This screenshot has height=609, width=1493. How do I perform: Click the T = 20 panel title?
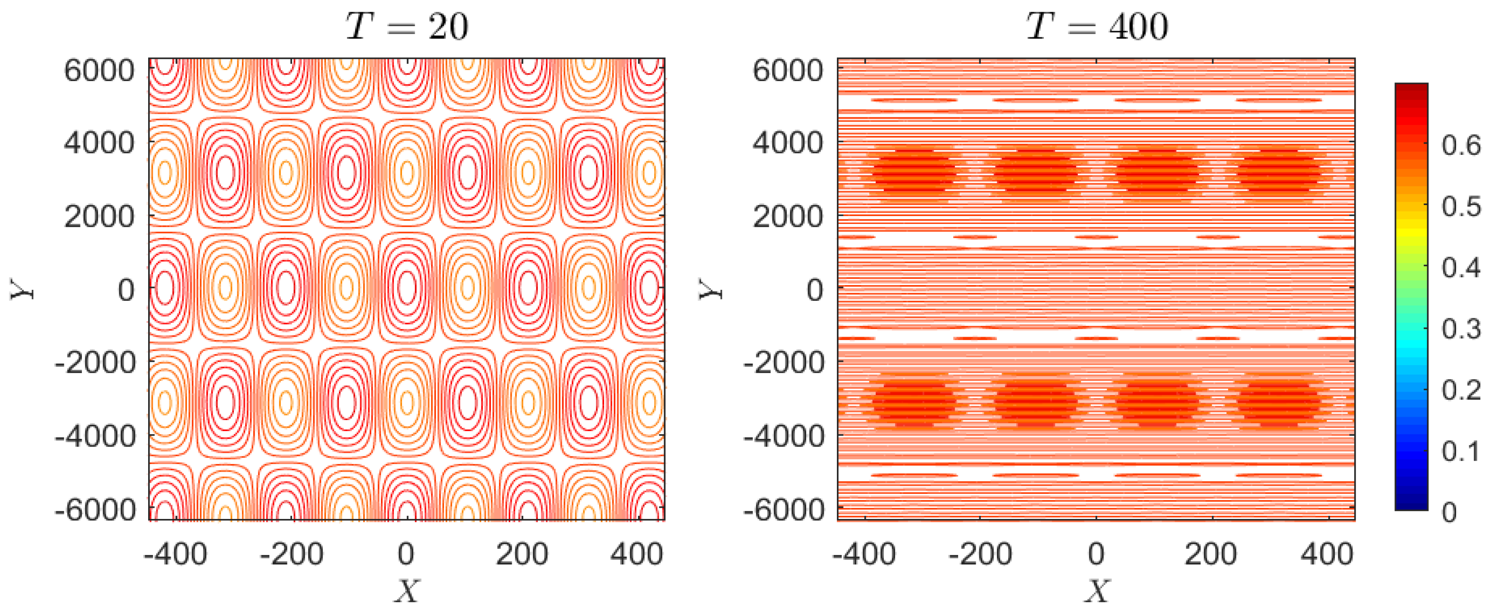coord(407,27)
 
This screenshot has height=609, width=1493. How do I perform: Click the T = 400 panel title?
coord(1097,27)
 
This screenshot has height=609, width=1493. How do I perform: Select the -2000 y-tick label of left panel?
coord(95,362)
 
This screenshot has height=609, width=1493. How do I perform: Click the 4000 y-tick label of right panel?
coord(788,143)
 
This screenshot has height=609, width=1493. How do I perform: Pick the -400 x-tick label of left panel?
coord(175,554)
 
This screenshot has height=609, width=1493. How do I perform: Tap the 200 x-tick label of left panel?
coord(522,554)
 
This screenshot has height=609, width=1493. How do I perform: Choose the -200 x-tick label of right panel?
coord(980,554)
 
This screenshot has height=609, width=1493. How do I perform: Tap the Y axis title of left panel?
coord(22,289)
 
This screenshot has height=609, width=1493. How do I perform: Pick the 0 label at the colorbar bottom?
coord(1449,511)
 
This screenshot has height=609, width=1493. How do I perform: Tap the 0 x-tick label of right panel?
coord(1095,554)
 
